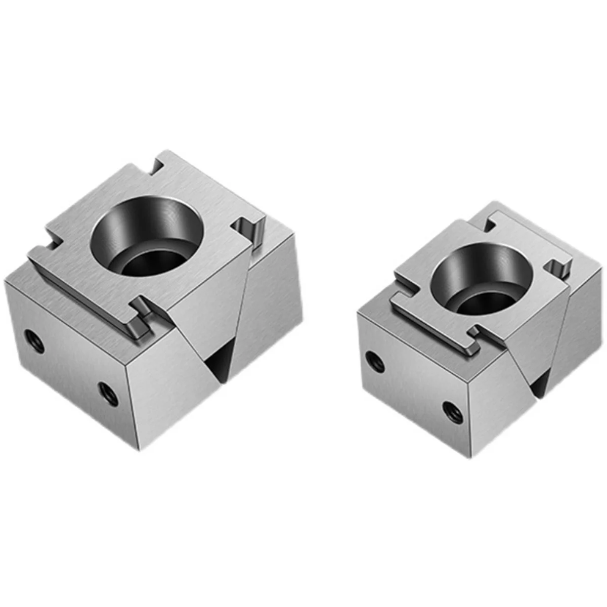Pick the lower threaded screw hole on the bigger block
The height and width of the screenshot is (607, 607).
pyautogui.click(x=108, y=393)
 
